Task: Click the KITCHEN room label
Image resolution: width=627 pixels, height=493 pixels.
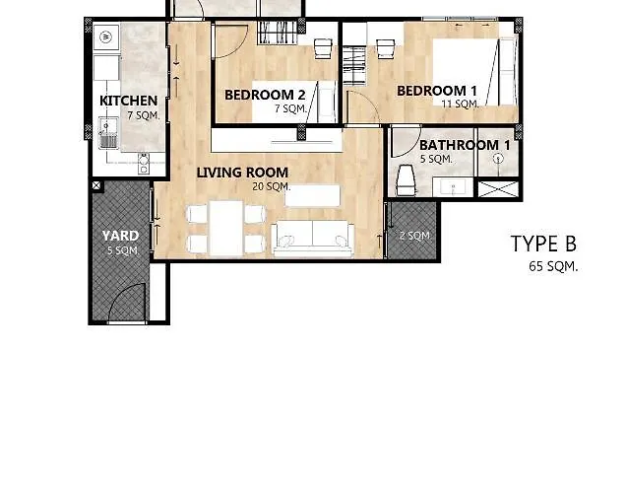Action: tap(128, 101)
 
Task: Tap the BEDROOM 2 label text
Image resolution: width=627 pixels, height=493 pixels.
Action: tap(265, 95)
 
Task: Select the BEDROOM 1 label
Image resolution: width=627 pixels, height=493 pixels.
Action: tap(437, 91)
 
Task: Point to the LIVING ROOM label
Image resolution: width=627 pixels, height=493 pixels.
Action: tap(242, 173)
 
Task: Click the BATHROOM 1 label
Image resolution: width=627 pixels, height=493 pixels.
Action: tap(465, 145)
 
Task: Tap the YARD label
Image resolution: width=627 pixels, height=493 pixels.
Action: tap(120, 236)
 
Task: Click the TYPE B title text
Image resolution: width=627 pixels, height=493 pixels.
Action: tap(543, 244)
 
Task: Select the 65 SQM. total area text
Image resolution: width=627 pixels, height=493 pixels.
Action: tap(553, 266)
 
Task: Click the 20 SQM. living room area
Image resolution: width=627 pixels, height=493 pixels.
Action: tap(272, 186)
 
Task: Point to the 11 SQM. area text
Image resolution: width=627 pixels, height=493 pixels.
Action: tap(460, 104)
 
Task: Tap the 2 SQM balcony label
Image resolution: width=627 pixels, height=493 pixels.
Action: tap(414, 236)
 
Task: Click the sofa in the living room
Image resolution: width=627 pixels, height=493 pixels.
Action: tap(312, 239)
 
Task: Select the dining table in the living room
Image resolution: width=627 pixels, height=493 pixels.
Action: tap(226, 229)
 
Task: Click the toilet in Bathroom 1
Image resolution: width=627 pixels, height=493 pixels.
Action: tap(407, 179)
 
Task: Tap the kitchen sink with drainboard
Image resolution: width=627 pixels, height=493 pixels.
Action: tap(108, 132)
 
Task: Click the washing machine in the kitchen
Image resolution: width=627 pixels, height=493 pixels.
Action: tap(106, 37)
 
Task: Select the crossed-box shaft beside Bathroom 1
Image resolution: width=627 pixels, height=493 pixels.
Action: tap(498, 189)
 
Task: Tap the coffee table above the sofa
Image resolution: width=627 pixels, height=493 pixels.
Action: tap(312, 195)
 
